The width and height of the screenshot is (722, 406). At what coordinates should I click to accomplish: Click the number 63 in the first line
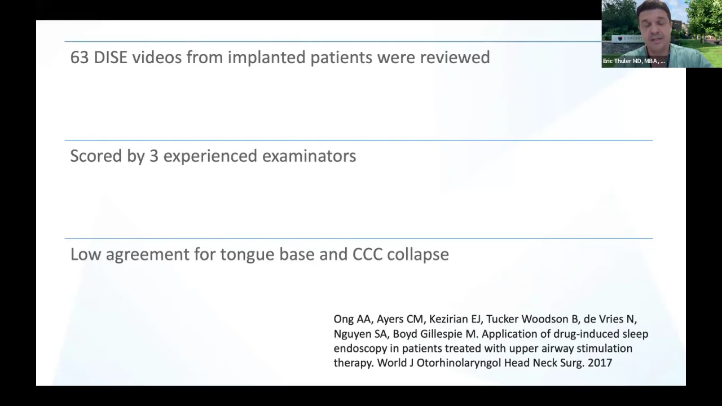80,58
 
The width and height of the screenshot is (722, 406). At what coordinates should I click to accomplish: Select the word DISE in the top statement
111,58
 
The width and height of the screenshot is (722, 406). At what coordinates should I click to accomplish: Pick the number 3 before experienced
153,156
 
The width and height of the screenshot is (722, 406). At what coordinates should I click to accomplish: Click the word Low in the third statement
86,254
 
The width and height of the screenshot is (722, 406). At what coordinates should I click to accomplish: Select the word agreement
147,255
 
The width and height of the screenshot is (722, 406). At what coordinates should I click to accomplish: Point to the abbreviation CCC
367,254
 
